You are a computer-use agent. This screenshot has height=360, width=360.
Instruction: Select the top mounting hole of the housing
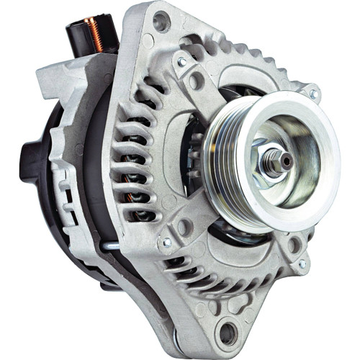161,22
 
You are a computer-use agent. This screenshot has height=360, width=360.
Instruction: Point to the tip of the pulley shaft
286,161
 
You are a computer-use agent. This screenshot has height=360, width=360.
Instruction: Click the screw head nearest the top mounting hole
182,63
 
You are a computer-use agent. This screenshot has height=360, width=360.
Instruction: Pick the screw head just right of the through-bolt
168,243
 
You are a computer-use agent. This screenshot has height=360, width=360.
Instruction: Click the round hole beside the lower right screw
292,244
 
